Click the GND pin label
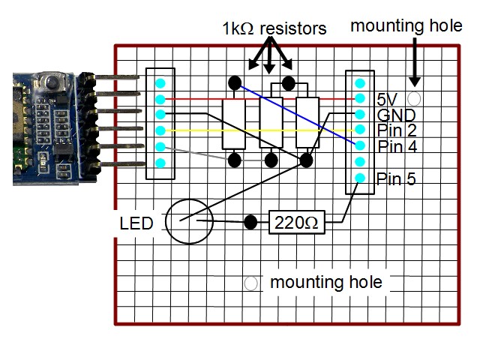tap(395, 115)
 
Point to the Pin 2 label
tap(397, 130)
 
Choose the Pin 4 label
tap(397, 146)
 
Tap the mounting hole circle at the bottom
tap(252, 283)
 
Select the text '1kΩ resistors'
tap(274, 29)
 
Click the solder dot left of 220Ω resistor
tap(251, 222)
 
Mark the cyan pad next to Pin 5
tap(360, 178)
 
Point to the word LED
tap(136, 223)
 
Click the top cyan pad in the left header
tap(159, 82)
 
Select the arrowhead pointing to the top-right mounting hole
tap(414, 80)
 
